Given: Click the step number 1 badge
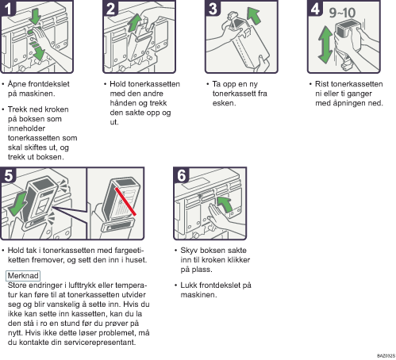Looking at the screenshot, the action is [x=8, y=8].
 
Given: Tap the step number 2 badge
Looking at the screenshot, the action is [x=110, y=8].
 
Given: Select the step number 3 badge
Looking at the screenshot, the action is [x=213, y=8].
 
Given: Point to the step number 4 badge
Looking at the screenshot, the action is [x=315, y=8].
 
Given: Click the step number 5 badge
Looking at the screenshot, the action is [x=8, y=175].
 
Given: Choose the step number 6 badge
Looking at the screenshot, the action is [x=181, y=175].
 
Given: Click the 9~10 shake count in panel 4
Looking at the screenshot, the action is [x=342, y=13].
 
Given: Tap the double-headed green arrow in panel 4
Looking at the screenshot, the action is [x=325, y=44].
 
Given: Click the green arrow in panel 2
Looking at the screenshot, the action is [x=135, y=23].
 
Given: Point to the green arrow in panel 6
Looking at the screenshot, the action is [x=225, y=204].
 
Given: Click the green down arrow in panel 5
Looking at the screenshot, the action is [x=18, y=205].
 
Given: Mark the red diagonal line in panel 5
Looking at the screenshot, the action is [x=125, y=201].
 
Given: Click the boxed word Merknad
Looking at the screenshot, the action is [x=23, y=276].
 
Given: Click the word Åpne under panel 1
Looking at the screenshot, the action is [x=17, y=84].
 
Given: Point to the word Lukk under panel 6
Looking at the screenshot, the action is [x=190, y=285].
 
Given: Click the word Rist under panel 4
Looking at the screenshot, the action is [x=321, y=84].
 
